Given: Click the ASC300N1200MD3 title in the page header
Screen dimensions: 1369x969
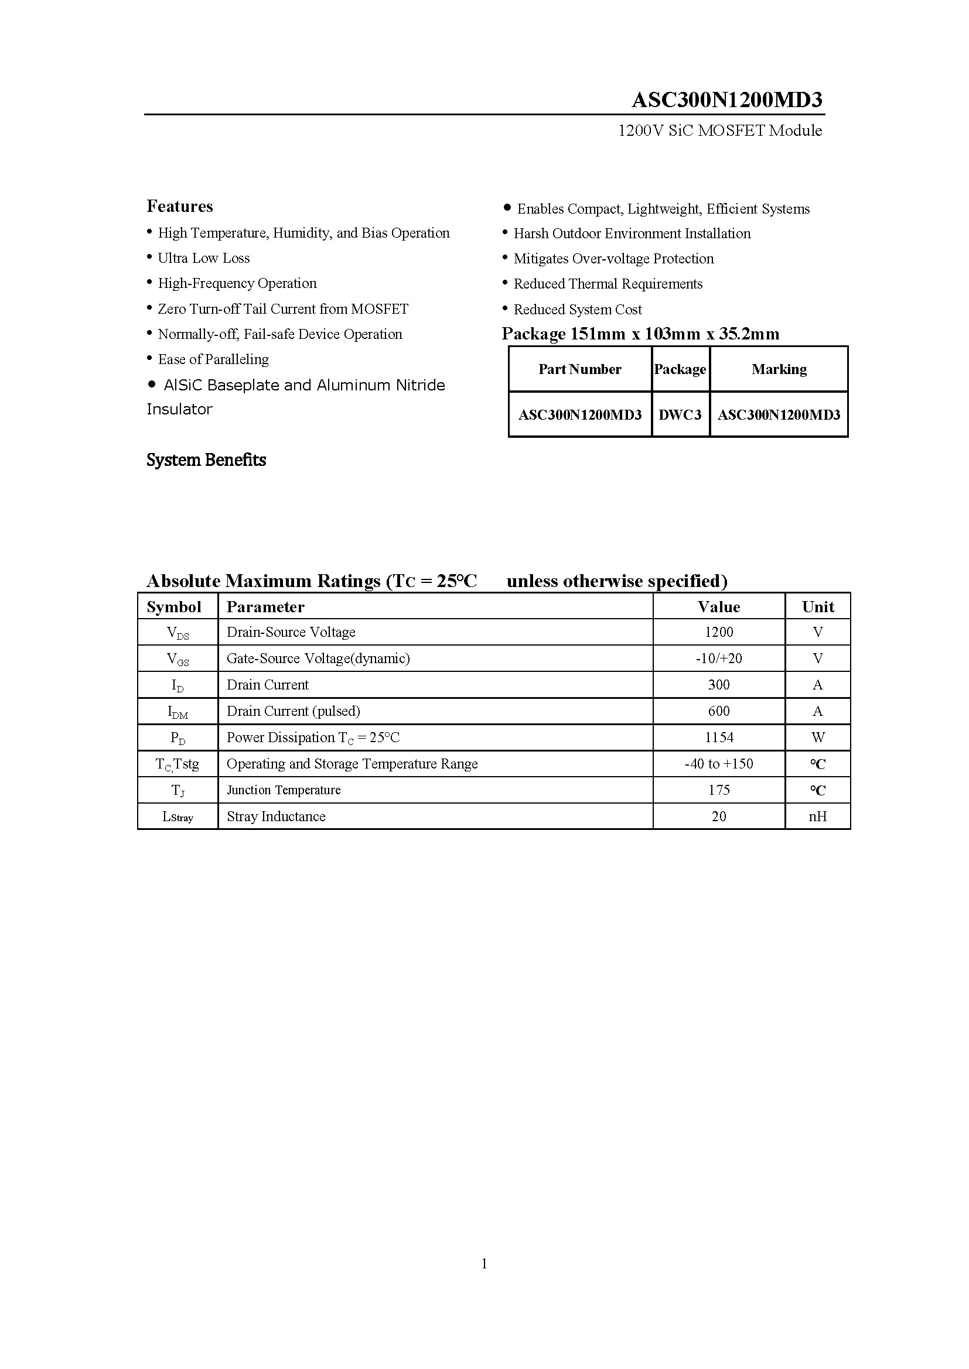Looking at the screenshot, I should pos(726,99).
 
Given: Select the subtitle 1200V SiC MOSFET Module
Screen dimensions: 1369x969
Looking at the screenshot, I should pos(719,131).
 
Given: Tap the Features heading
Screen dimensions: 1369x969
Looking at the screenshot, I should pos(180,206).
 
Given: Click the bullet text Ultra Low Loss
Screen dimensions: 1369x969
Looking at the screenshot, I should pos(203,258).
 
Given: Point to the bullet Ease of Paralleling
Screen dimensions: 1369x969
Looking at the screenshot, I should pos(213,359).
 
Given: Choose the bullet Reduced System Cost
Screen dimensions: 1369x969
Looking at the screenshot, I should pos(577,310).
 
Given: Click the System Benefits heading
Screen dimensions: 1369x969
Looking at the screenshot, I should pos(206,459).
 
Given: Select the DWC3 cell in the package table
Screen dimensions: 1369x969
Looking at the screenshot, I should pos(680,414).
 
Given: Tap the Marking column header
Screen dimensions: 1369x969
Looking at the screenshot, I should pos(779,369).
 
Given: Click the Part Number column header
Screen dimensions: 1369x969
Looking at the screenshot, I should pos(579,369).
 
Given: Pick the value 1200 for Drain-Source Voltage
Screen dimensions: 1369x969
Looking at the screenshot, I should pos(718,632).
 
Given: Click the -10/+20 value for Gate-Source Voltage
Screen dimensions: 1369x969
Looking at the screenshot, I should pos(718,658).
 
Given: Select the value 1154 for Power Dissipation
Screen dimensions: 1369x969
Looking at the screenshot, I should pos(718,737).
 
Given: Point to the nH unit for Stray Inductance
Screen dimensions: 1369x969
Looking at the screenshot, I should pos(817,816).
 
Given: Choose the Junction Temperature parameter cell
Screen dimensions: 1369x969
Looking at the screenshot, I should pos(284,790).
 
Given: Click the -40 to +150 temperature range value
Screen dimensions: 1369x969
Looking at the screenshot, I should pos(718,764).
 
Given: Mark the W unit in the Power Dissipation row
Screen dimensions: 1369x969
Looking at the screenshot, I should pos(817,737).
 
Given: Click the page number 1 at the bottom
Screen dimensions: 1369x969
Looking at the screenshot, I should pos(484,1264).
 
